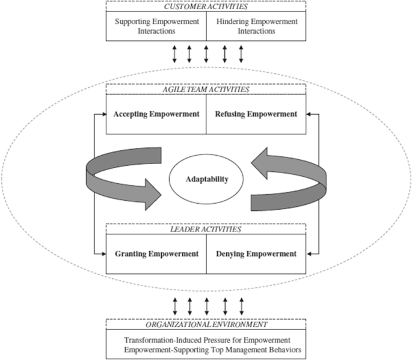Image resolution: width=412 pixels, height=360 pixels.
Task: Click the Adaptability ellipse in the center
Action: pyautogui.click(x=206, y=180)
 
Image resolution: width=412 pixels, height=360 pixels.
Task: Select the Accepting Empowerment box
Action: pyautogui.click(x=156, y=114)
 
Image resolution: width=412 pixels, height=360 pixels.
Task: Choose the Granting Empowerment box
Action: pyautogui.click(x=156, y=254)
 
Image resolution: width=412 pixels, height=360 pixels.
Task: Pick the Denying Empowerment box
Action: pyautogui.click(x=256, y=254)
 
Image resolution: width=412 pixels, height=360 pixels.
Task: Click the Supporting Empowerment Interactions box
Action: pyautogui.click(x=156, y=26)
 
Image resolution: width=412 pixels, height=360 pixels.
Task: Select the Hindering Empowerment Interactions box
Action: pyautogui.click(x=256, y=26)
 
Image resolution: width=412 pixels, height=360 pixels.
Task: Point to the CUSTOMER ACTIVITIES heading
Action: pyautogui.click(x=206, y=6)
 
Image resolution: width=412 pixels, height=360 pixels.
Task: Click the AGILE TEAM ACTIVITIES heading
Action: pyautogui.click(x=206, y=89)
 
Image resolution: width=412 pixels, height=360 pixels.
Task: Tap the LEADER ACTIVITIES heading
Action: pyautogui.click(x=206, y=229)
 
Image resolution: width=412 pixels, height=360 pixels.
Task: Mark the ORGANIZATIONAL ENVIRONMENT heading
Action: pyautogui.click(x=206, y=323)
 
